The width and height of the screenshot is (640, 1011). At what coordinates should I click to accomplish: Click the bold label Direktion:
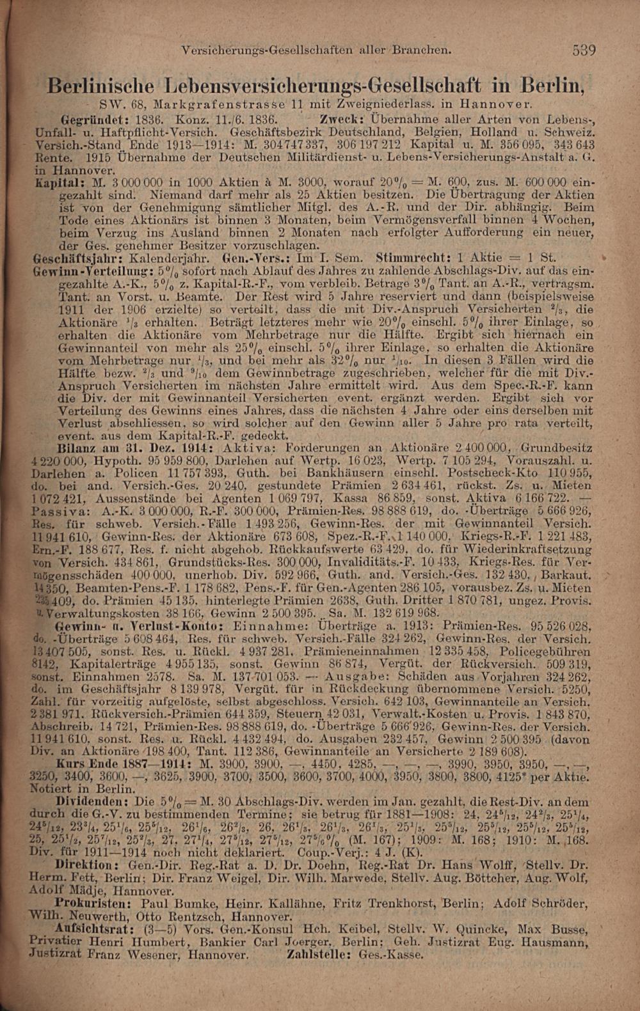coord(84,862)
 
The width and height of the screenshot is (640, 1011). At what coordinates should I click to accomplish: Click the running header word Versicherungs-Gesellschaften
coord(268,48)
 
